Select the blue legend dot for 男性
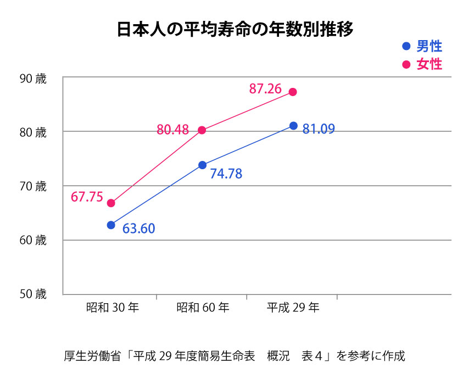(x=406, y=47)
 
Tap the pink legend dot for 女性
(x=406, y=64)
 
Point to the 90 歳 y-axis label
(x=33, y=78)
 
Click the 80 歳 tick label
(x=33, y=132)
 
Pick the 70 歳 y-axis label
(x=33, y=186)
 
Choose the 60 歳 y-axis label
(x=33, y=240)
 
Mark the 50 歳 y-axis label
(x=33, y=294)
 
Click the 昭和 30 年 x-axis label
(x=112, y=308)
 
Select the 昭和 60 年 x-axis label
(x=203, y=308)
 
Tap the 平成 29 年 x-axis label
(x=293, y=308)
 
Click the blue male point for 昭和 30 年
(x=111, y=225)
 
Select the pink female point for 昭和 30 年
(x=111, y=203)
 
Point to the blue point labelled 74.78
(x=202, y=165)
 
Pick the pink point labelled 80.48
(x=202, y=130)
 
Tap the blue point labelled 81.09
(x=293, y=126)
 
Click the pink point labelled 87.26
(x=293, y=92)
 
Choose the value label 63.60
(x=138, y=228)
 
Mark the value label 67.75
(x=87, y=197)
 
